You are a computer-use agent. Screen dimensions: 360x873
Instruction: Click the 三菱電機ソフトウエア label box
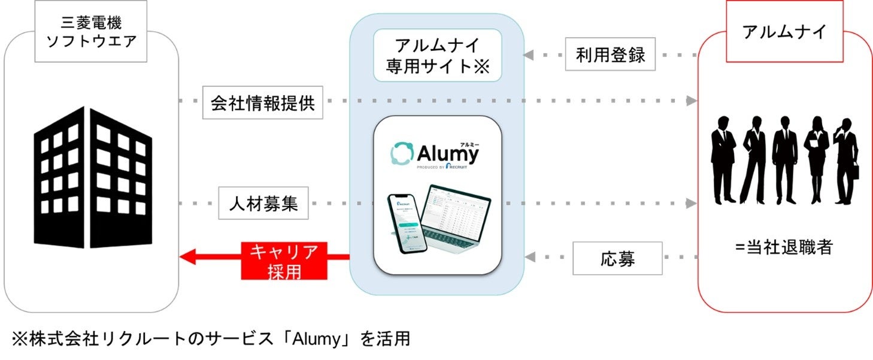pos(91,33)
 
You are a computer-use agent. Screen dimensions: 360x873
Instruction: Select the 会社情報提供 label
pos(262,102)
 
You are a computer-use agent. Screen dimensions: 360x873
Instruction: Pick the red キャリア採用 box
pos(284,260)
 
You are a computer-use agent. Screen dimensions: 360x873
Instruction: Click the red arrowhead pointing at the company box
pos(187,258)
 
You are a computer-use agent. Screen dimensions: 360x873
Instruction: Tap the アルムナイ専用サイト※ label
pos(437,55)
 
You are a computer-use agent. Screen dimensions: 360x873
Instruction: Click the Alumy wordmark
pos(446,153)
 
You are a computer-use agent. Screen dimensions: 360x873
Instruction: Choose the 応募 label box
pos(618,259)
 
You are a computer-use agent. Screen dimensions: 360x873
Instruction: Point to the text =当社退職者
pos(784,246)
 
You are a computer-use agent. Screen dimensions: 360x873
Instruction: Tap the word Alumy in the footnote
pos(316,340)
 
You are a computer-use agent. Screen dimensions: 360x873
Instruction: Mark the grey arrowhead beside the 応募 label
pos(530,258)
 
